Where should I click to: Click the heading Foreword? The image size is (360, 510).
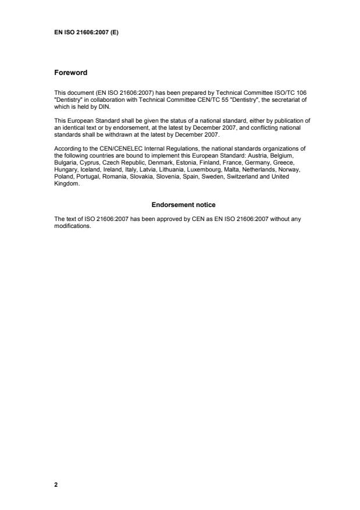click(x=70, y=73)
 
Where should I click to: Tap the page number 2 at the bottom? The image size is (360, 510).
click(x=56, y=484)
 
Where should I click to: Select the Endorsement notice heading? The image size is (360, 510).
click(x=183, y=205)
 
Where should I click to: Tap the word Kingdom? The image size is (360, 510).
click(x=65, y=184)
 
